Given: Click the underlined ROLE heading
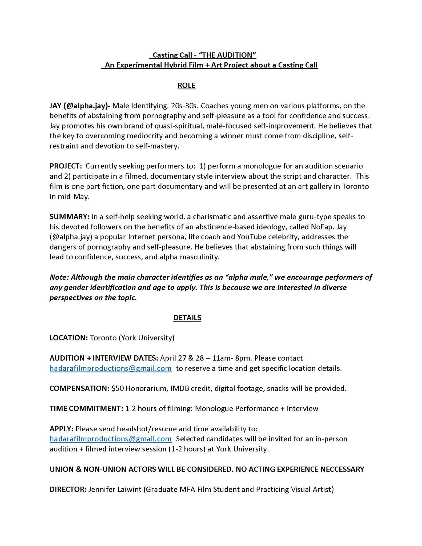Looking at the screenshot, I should (x=186, y=86).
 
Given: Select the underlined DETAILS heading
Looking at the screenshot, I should (x=187, y=318).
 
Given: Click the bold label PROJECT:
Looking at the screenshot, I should (x=66, y=166).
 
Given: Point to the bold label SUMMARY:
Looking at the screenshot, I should (x=69, y=216).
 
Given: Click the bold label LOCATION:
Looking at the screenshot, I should (x=69, y=338).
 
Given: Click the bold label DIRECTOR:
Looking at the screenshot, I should (x=68, y=489).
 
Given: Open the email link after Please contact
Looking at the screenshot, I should (x=111, y=368).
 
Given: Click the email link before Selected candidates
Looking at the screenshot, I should (x=111, y=439).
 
